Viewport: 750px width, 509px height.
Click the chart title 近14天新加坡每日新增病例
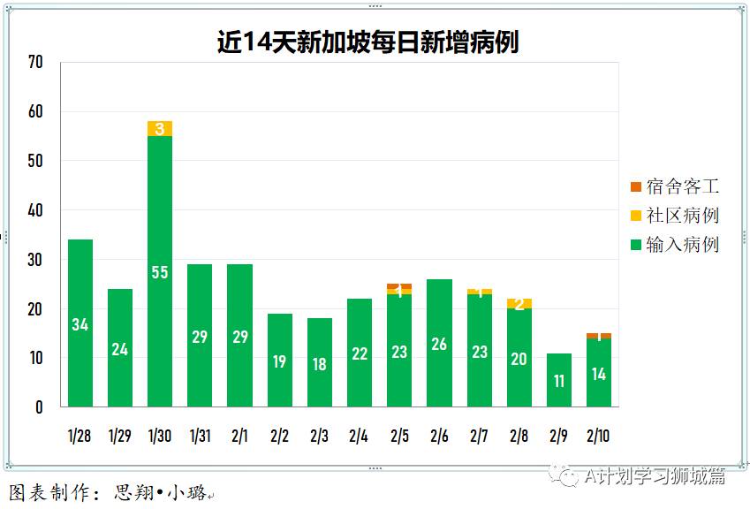(367, 42)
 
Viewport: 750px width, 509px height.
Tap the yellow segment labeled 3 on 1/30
(160, 129)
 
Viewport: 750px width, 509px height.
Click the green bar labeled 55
(160, 272)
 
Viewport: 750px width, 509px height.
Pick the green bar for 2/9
(558, 381)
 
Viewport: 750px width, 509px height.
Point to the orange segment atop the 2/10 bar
(598, 336)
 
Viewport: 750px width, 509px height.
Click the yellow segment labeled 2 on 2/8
(519, 304)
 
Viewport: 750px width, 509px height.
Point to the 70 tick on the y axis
(35, 63)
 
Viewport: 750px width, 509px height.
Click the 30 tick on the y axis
(35, 260)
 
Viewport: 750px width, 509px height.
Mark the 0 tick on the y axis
(39, 407)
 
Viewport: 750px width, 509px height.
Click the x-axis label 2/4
(359, 436)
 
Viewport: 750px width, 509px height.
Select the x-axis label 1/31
(200, 436)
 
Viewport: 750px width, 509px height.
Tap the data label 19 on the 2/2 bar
(279, 361)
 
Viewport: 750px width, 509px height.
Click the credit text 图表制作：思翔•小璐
(110, 493)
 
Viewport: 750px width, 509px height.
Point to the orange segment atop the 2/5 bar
(399, 286)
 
